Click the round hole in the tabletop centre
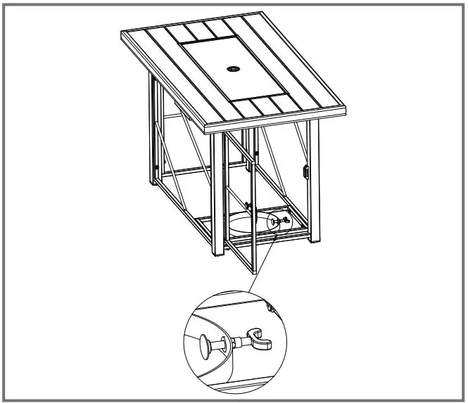(x=233, y=70)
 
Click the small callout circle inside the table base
(x=279, y=222)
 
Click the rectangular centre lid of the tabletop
(x=233, y=70)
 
